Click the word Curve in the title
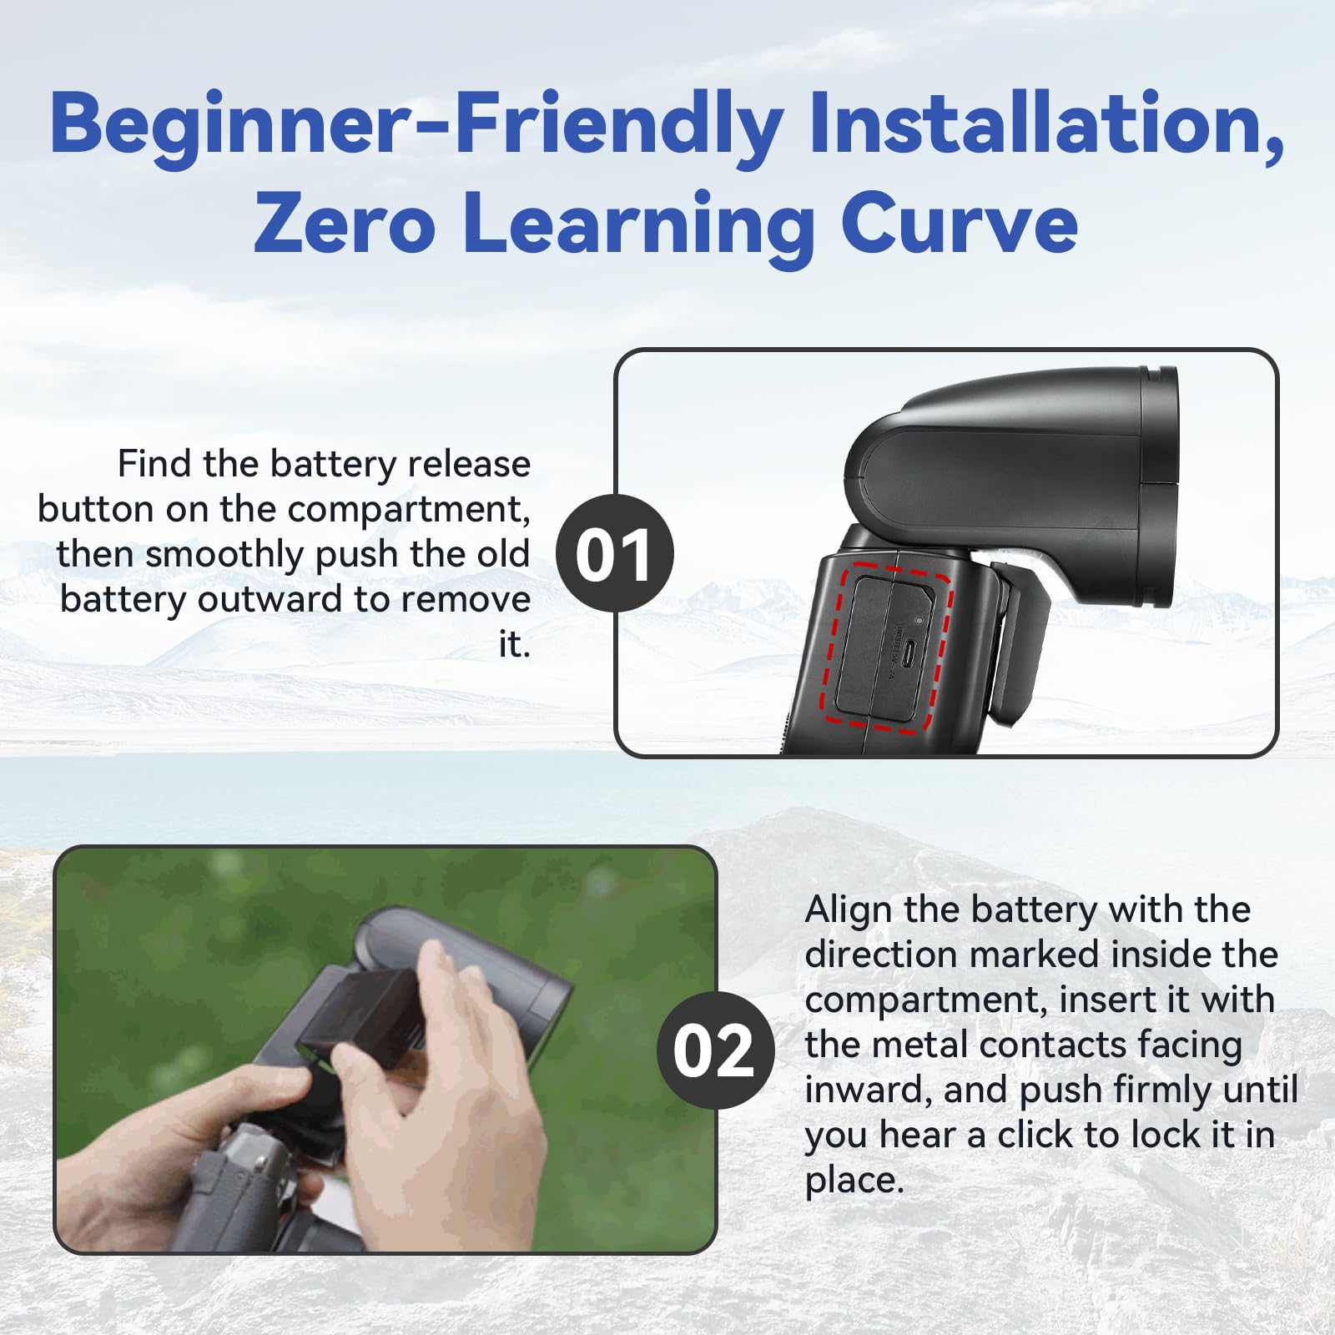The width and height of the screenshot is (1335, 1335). [x=960, y=224]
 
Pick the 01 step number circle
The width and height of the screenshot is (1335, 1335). [x=614, y=553]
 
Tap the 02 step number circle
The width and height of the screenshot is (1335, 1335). [x=714, y=1050]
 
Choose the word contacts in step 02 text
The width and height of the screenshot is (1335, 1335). [x=1102, y=1045]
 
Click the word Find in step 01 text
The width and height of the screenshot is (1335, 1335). [x=155, y=464]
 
